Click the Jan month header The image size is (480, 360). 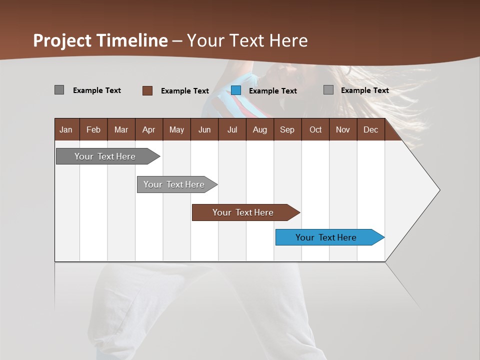(66, 129)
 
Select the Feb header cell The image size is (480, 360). (93, 129)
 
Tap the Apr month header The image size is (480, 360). (149, 129)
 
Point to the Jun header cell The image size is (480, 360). (204, 129)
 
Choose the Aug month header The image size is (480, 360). (260, 129)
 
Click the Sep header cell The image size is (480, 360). (287, 129)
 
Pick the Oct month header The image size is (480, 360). (315, 129)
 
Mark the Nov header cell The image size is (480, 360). (343, 129)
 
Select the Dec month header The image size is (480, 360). (371, 129)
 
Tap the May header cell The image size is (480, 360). (176, 129)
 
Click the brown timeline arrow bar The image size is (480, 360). (245, 212)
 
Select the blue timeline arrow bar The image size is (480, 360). (329, 237)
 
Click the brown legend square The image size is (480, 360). (147, 90)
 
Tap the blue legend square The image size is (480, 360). (236, 90)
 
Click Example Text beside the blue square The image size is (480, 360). (272, 91)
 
